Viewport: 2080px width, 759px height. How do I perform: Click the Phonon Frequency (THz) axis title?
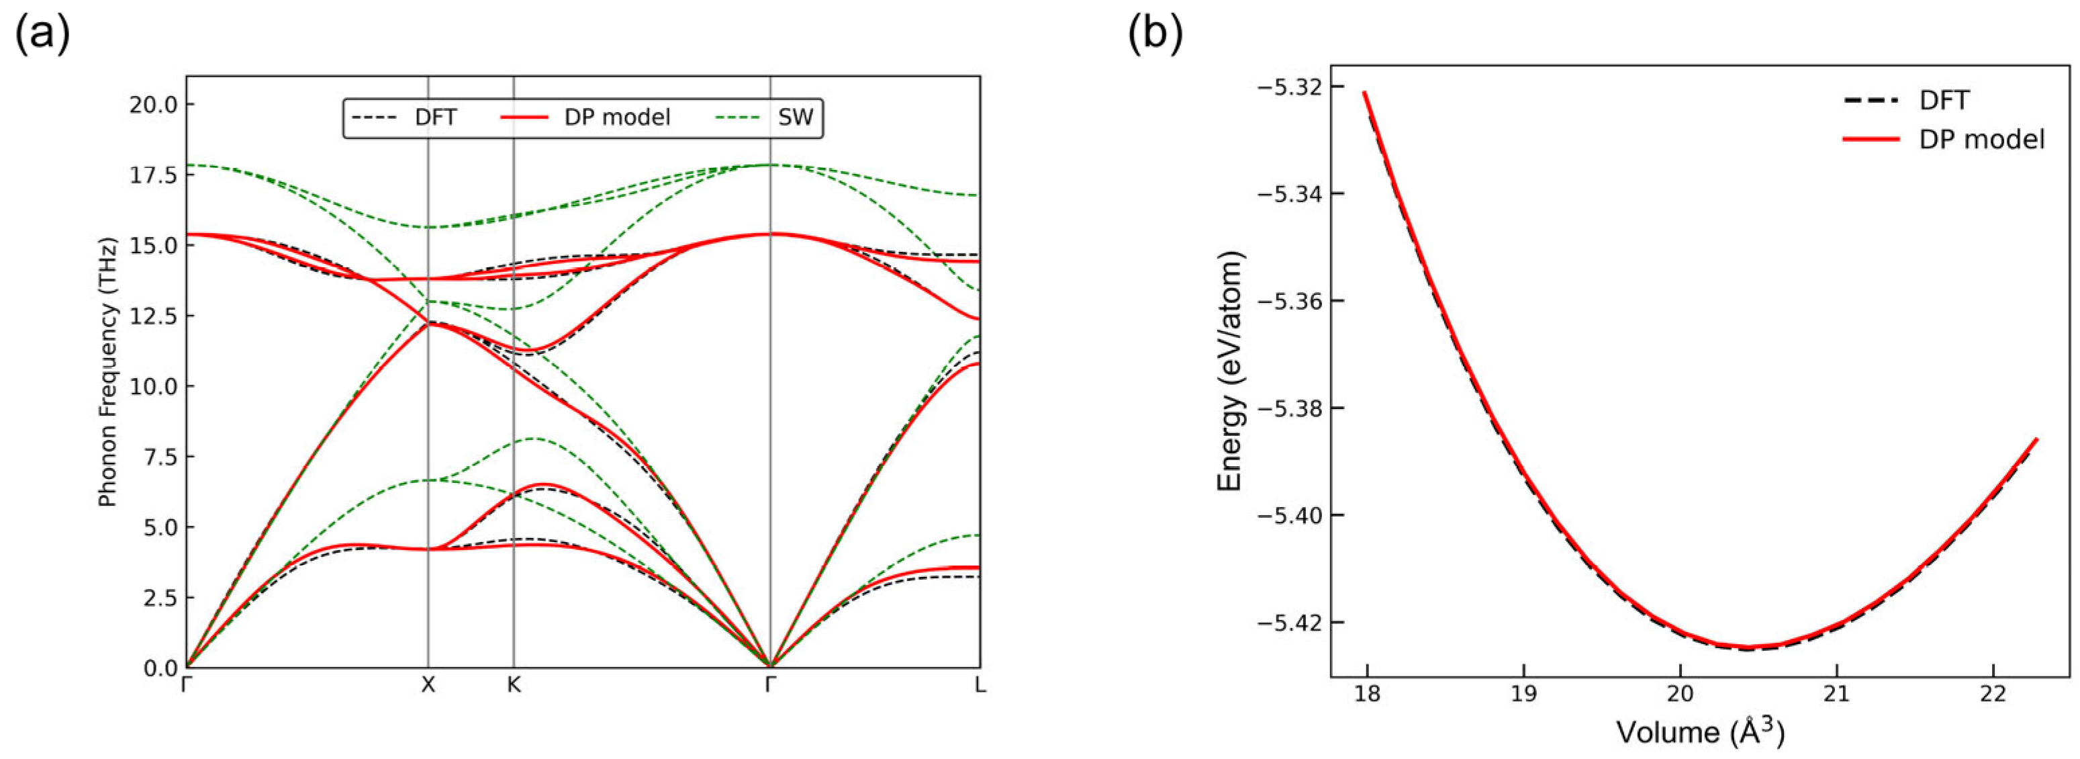pyautogui.click(x=108, y=372)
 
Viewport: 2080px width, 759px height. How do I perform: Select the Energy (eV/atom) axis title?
pyautogui.click(x=1231, y=371)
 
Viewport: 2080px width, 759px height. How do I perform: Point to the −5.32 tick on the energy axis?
pyautogui.click(x=1288, y=87)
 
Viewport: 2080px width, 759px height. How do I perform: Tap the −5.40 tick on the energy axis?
pyautogui.click(x=1288, y=515)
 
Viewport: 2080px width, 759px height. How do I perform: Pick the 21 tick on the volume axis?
pyautogui.click(x=1836, y=695)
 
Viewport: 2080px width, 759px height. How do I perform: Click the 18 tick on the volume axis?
pyautogui.click(x=1366, y=695)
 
